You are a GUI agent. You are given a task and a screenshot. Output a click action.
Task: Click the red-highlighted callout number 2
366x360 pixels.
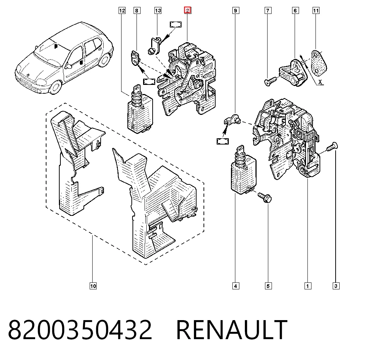click(188, 10)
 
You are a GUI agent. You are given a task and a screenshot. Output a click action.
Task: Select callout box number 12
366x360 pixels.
click(122, 11)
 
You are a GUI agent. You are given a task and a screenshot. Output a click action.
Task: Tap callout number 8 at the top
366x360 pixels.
click(137, 11)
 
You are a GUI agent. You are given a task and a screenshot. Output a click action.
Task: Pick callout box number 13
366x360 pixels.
click(158, 11)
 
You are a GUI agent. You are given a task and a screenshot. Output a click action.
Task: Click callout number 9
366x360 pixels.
click(236, 11)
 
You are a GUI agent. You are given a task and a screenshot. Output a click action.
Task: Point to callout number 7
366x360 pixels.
click(268, 11)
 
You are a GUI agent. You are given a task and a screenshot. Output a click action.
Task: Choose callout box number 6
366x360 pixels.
click(295, 11)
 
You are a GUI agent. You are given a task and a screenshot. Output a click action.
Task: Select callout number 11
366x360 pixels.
click(316, 11)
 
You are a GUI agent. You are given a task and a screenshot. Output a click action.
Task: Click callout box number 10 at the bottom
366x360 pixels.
click(93, 286)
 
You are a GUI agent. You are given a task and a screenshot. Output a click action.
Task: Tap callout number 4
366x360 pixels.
click(236, 286)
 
